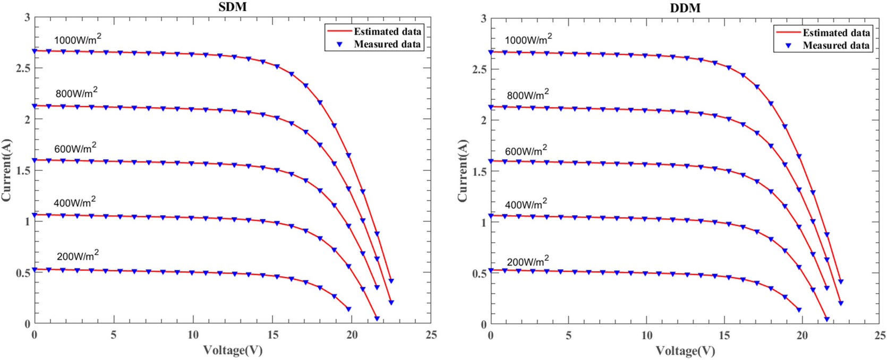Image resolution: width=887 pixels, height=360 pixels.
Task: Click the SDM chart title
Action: (232, 7)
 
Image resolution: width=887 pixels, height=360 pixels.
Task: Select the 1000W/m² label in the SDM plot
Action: (78, 40)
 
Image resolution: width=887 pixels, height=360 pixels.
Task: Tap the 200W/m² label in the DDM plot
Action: (528, 262)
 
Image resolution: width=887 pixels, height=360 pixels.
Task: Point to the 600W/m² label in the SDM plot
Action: (75, 148)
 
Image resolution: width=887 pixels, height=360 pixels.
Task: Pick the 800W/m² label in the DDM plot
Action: (528, 95)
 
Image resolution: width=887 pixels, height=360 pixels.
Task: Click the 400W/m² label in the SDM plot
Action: (75, 202)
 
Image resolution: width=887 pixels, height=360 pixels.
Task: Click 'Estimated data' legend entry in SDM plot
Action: (387, 31)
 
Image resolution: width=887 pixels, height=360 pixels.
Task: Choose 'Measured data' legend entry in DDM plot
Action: (836, 46)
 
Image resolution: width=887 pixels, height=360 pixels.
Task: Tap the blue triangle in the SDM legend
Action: (339, 45)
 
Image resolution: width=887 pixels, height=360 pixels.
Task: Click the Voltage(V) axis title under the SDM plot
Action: (233, 350)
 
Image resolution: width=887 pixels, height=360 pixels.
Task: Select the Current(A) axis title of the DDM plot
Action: (463, 171)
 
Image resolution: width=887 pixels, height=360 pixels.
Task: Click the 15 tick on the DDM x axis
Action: (724, 336)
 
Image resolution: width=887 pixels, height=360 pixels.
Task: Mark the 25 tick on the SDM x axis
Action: (431, 335)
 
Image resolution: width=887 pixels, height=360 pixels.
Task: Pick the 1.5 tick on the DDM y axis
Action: (479, 172)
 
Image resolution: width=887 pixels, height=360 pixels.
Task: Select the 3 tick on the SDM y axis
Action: (27, 18)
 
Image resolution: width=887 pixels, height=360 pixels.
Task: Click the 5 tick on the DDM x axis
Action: (568, 336)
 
